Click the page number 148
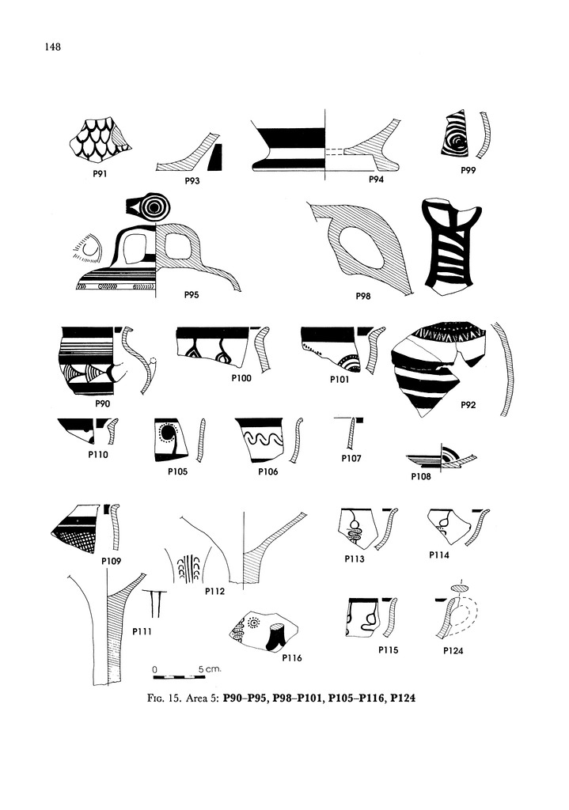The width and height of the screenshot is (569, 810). tap(53, 47)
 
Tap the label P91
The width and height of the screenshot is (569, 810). tap(100, 173)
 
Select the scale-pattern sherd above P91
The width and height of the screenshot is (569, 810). tap(100, 138)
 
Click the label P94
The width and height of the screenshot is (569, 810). tap(376, 180)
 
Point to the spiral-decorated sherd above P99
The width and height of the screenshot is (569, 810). tap(455, 133)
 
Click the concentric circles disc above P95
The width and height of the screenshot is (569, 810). tap(153, 206)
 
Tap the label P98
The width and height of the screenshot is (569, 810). tap(362, 296)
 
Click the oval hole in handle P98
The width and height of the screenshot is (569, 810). tap(361, 248)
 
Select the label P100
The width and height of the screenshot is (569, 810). tap(241, 378)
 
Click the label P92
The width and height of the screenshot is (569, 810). tap(468, 405)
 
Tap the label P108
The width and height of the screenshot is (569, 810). tap(421, 476)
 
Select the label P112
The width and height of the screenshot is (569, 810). tap(214, 591)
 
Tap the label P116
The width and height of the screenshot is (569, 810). tap(292, 657)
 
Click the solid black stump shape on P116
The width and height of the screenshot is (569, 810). tap(275, 637)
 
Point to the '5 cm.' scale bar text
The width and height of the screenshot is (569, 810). tap(210, 669)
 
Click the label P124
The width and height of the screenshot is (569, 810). tap(453, 650)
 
